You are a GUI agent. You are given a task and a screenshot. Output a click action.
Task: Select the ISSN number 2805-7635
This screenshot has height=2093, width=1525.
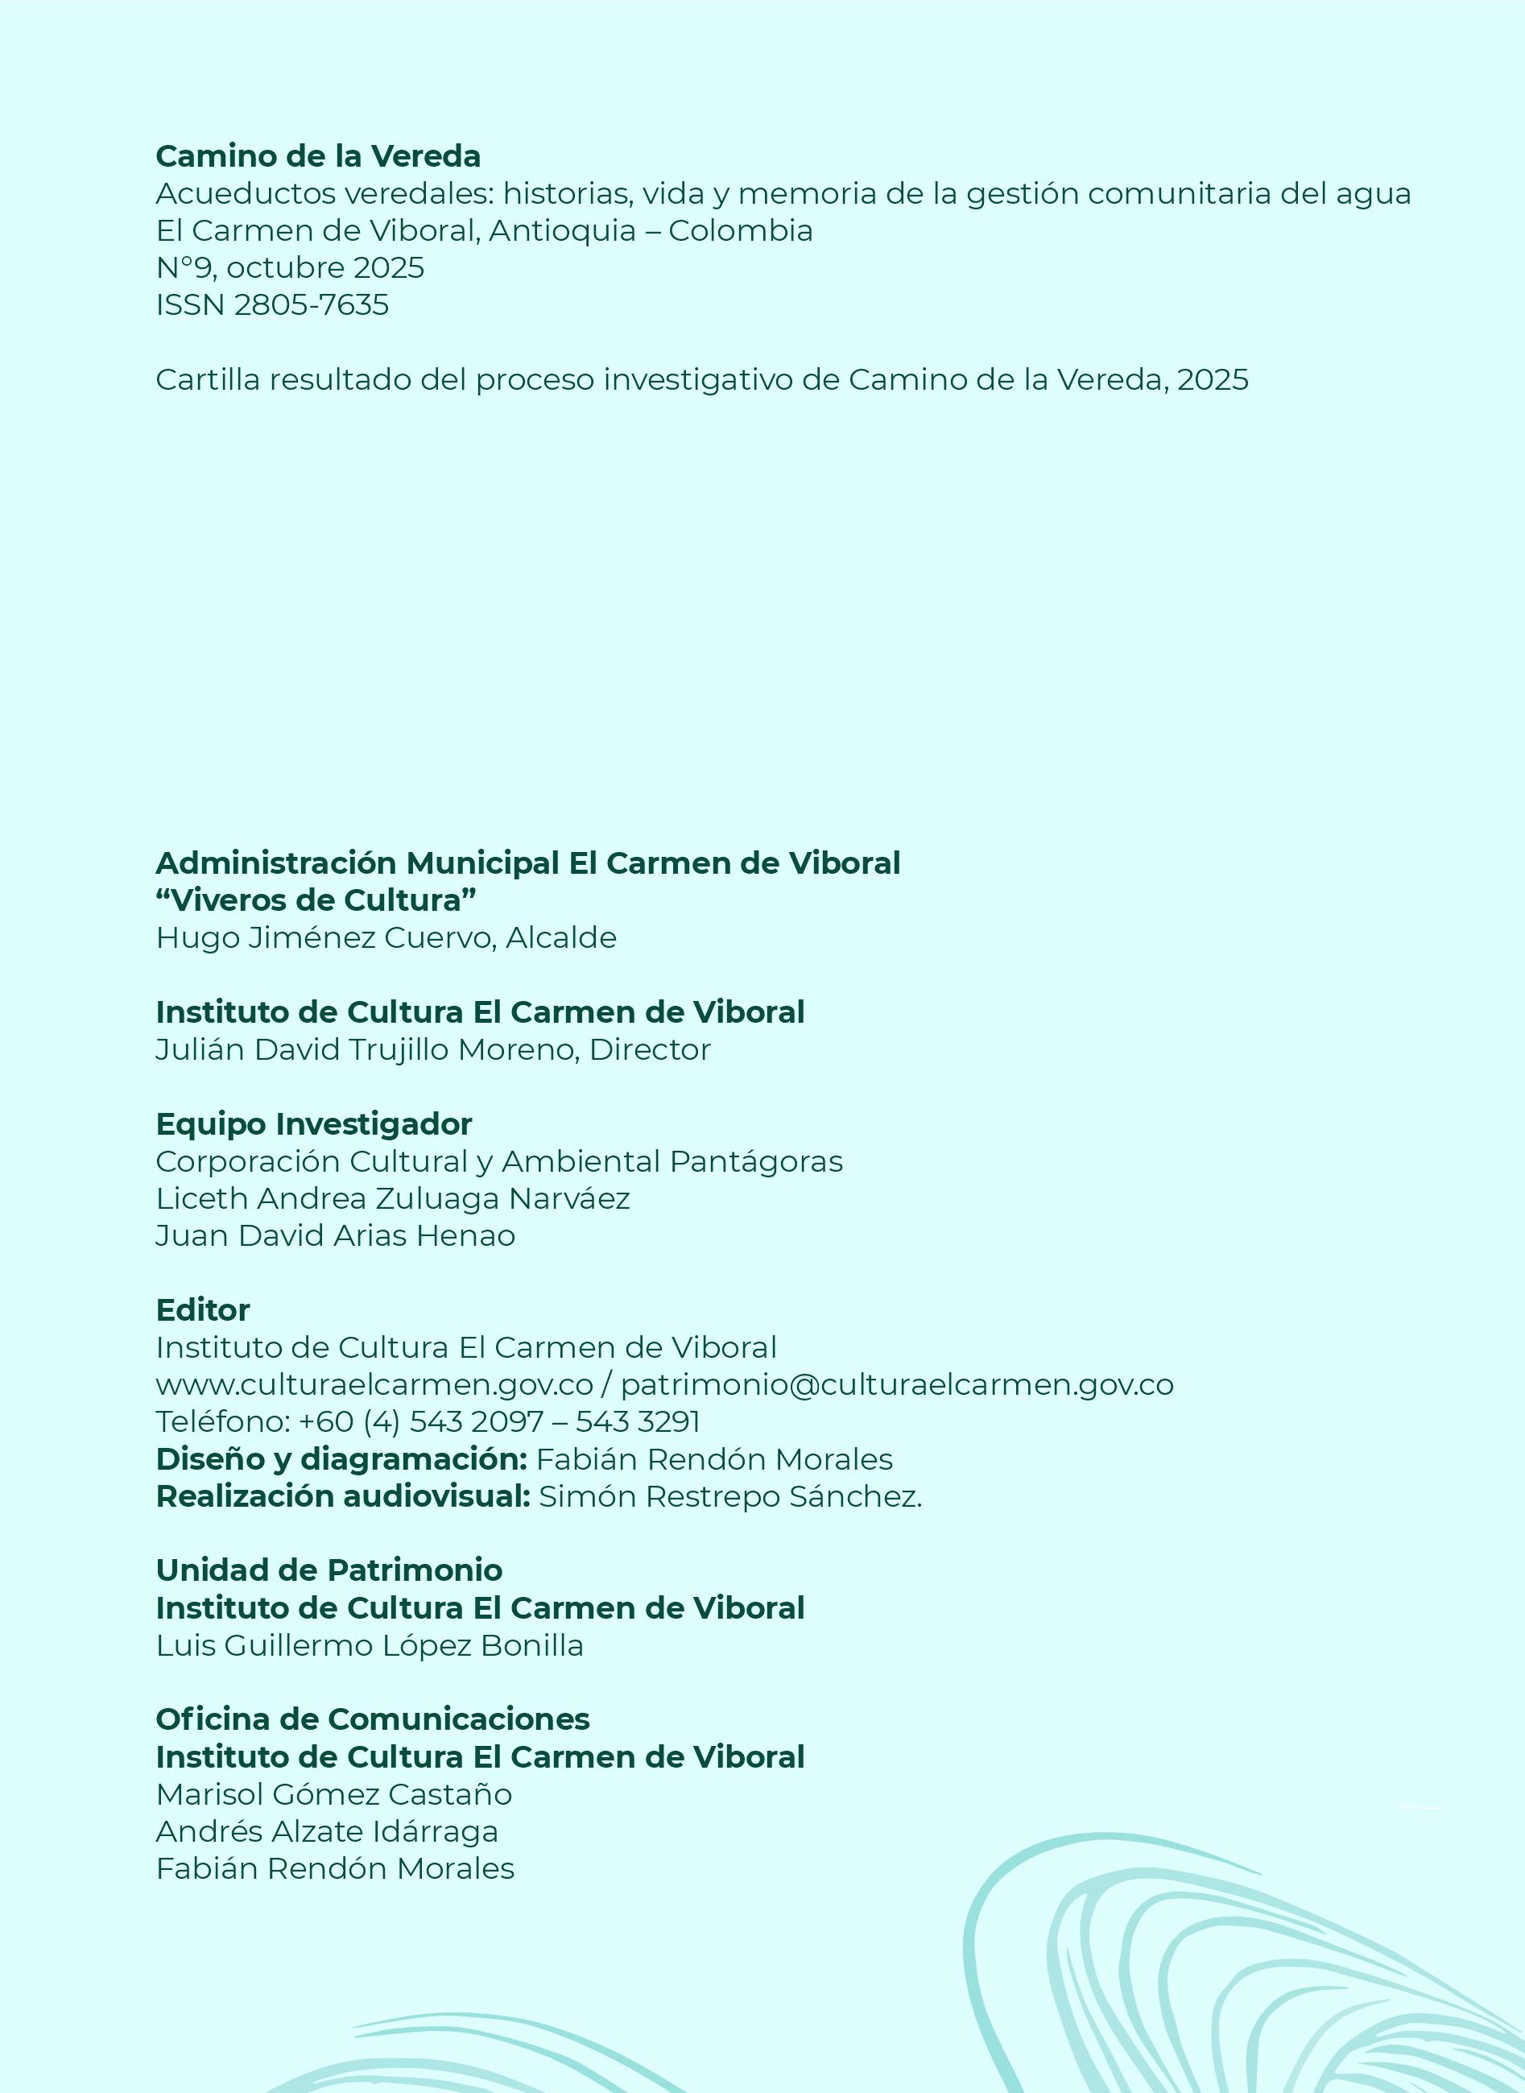tap(311, 304)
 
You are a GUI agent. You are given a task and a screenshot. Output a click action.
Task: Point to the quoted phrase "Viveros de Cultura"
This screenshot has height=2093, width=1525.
tap(316, 900)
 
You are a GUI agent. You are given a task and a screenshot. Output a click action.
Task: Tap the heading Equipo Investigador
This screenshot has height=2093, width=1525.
tap(314, 1123)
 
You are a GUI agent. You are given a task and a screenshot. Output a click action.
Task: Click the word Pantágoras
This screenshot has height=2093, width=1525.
tap(756, 1161)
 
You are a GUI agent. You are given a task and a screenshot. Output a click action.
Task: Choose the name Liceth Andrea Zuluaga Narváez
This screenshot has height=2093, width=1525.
tap(392, 1198)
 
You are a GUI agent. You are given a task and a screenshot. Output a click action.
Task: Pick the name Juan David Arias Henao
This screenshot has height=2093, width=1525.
tap(335, 1236)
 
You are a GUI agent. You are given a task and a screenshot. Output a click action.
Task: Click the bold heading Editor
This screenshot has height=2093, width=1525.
tap(202, 1310)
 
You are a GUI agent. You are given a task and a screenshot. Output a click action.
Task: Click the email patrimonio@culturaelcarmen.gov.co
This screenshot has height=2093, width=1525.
tap(896, 1385)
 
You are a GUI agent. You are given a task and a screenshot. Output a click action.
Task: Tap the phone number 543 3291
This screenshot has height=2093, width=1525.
tap(638, 1422)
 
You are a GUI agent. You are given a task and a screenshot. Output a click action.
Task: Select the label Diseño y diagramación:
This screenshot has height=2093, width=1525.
tap(341, 1460)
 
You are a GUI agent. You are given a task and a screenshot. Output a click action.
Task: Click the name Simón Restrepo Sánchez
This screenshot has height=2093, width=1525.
tap(729, 1496)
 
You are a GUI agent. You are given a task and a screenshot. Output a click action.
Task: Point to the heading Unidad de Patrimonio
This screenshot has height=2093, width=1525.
tap(329, 1570)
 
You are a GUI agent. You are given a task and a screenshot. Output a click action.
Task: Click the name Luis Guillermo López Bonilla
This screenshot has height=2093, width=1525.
tap(370, 1645)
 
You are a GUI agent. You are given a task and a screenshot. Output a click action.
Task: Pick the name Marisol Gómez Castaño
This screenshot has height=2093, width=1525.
tap(333, 1794)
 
